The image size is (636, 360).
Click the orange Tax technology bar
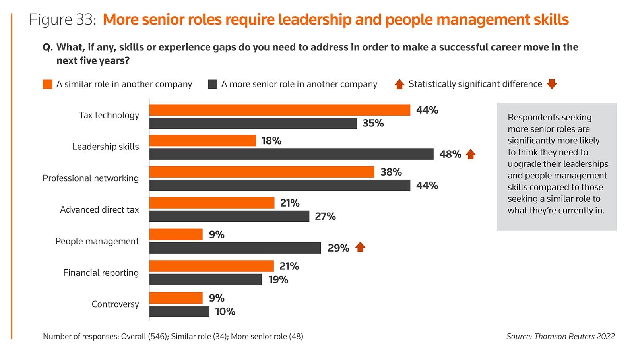[279, 110]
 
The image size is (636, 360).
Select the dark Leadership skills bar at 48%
[291, 154]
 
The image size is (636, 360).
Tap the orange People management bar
[176, 234]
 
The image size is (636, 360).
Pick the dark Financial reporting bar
[206, 279]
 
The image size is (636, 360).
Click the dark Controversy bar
[179, 311]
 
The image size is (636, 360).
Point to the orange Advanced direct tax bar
[212, 203]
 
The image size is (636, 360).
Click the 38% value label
[391, 172]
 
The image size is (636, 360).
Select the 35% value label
[373, 123]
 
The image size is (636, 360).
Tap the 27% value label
[325, 217]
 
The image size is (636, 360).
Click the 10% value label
[225, 312]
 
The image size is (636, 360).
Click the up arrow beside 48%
[471, 154]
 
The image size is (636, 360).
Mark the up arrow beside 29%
[360, 247]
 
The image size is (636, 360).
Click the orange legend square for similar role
[48, 84]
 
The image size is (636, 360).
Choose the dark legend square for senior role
[213, 84]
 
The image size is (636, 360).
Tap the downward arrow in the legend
[552, 84]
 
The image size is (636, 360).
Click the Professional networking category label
[91, 178]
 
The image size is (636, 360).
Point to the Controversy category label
[115, 304]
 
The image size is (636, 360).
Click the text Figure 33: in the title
[62, 19]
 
